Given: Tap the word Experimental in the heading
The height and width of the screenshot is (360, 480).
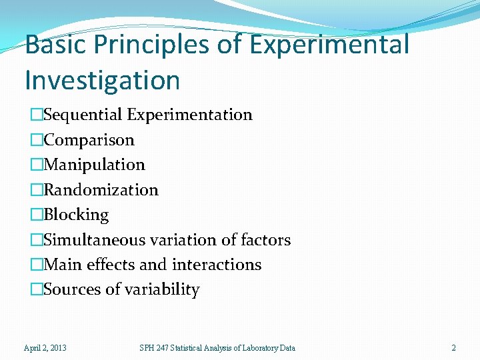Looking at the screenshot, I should coord(329,45).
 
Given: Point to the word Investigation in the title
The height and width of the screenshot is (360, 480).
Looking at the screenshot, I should coord(102,81).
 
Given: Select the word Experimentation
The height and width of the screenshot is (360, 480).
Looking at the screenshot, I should coord(190,115).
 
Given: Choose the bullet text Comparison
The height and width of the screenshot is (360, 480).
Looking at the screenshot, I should coord(89,140).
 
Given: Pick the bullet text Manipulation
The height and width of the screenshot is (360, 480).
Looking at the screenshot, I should coord(94,165).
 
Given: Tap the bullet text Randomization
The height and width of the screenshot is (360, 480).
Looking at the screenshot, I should coord(101,190).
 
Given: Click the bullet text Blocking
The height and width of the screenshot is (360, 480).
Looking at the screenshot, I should coord(76,215).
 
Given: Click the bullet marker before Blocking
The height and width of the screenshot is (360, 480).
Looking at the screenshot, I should coord(37,215).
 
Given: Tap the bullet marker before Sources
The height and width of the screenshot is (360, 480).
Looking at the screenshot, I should coord(37,290).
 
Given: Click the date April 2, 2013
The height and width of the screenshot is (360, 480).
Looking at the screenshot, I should coord(45,348).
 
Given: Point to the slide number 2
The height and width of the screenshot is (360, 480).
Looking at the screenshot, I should coord(453,348).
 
